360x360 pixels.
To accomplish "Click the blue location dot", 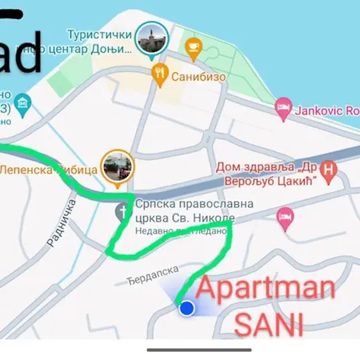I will click(x=186, y=307).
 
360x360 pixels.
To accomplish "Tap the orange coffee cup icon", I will click(x=193, y=47).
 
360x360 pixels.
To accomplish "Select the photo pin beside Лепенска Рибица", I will click(x=118, y=166).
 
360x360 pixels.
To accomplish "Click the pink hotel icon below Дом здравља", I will click(x=285, y=215).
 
